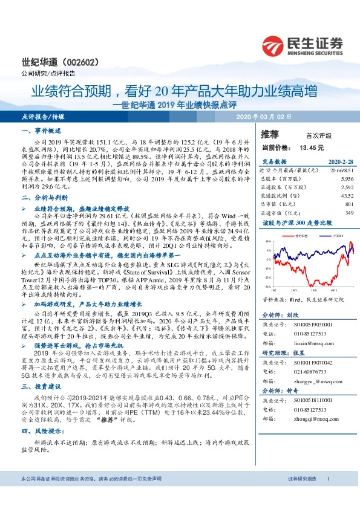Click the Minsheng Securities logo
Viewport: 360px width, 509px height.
(x=303, y=45)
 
